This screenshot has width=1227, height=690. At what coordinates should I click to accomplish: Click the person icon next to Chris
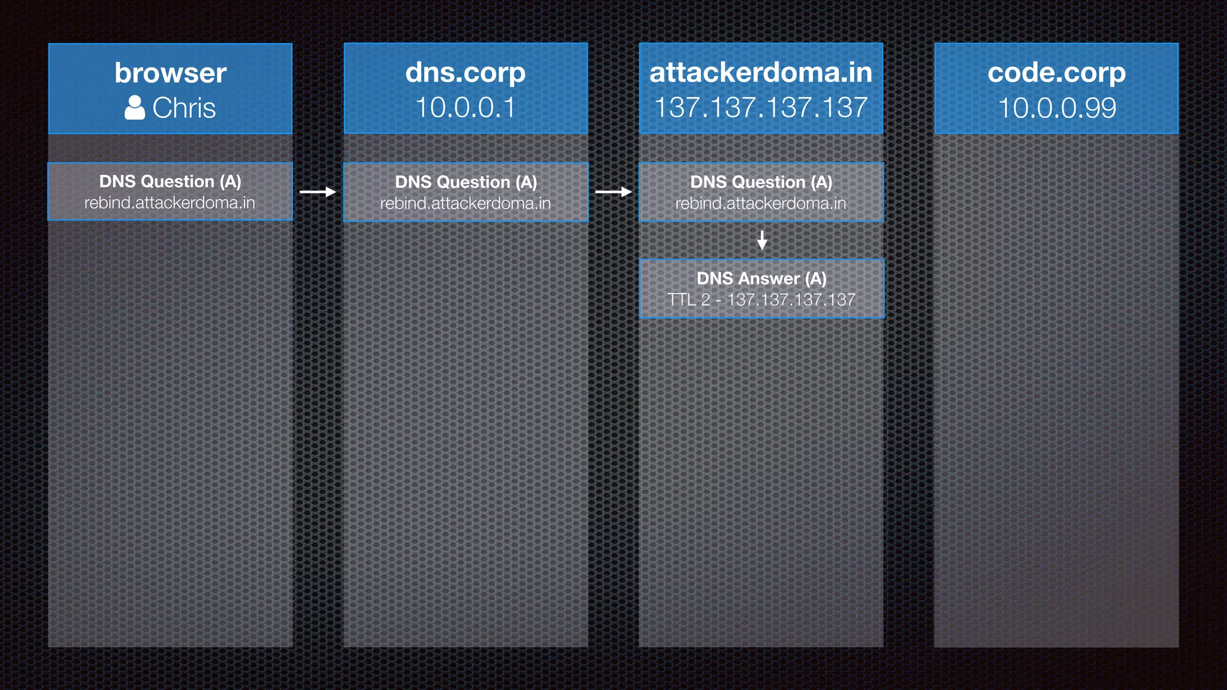135,108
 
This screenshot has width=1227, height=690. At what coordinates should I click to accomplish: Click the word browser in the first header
170,73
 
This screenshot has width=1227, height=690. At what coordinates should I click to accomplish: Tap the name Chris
184,108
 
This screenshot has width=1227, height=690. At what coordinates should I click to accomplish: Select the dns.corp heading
466,72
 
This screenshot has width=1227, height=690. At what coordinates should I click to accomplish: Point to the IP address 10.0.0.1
466,108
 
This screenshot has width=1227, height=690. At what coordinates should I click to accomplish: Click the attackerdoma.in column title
761,72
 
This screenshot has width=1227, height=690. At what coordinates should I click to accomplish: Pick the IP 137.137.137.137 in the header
761,108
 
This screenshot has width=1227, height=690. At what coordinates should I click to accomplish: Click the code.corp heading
1056,72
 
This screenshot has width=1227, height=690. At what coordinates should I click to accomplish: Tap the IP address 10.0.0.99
1057,108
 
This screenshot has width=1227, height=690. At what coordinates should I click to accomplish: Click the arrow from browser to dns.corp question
318,192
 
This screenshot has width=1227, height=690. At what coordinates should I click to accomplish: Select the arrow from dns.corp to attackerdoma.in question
613,192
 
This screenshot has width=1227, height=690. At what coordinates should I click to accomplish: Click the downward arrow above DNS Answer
762,240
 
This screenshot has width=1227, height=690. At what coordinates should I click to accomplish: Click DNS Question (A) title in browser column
170,181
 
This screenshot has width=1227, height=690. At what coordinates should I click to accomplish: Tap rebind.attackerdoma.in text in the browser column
170,203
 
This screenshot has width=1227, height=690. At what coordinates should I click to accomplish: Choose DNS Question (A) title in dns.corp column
466,182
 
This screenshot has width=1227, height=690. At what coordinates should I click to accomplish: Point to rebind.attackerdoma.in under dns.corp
466,204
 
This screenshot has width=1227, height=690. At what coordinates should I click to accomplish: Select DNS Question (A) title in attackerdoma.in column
761,182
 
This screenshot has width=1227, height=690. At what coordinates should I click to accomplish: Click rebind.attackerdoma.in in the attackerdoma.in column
761,204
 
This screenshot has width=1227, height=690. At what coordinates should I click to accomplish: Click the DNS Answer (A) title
761,279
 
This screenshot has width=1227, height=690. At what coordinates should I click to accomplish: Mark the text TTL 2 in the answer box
689,299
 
